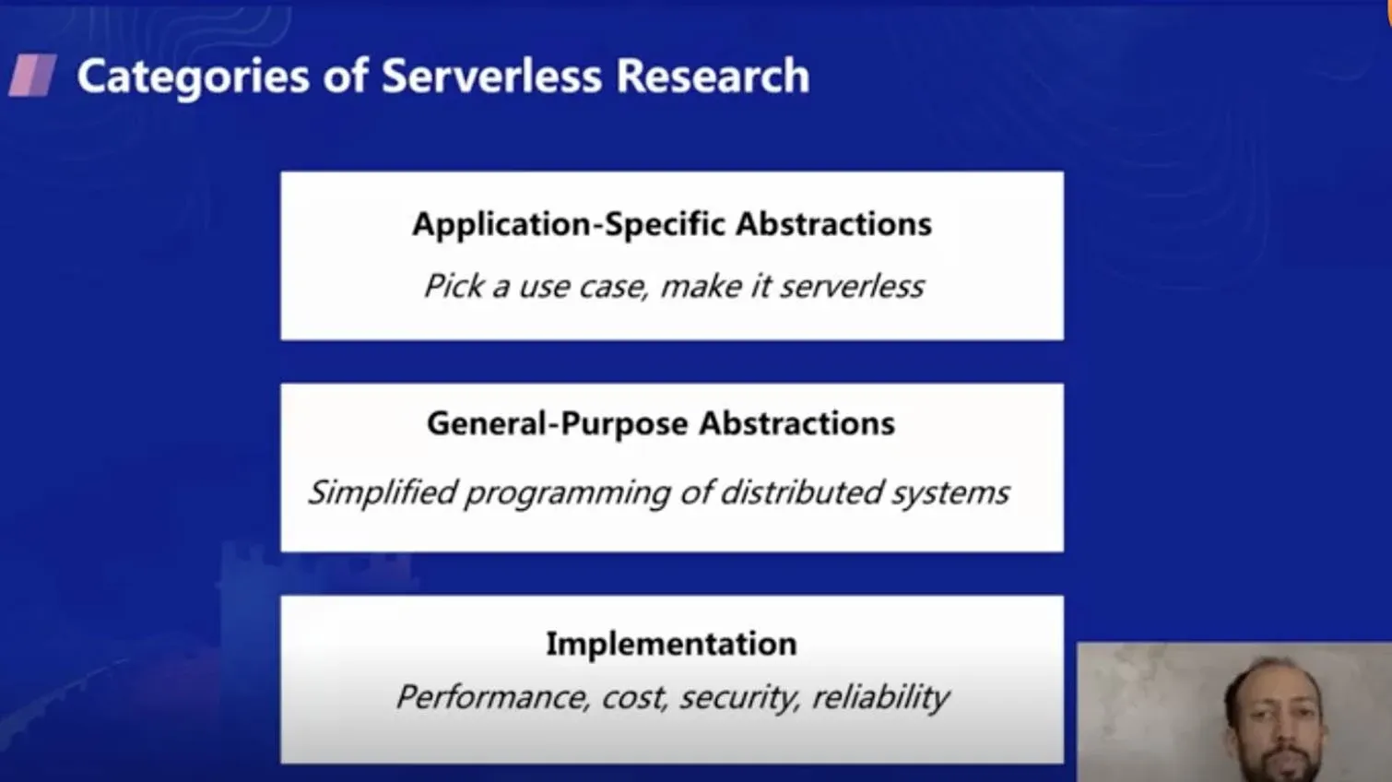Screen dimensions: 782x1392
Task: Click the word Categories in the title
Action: coord(193,76)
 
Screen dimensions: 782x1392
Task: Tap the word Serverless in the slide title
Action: coord(491,76)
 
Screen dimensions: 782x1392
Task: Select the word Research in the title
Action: coord(713,76)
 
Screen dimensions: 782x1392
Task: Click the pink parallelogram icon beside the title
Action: coord(33,76)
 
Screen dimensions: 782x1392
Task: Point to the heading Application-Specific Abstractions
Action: coord(671,224)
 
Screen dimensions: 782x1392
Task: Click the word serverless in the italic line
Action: coord(852,287)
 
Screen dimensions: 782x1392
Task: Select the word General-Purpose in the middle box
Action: coord(557,423)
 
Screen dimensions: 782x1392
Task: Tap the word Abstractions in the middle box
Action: coord(796,423)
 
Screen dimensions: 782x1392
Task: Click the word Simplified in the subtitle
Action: coord(382,492)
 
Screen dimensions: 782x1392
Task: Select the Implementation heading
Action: coord(671,644)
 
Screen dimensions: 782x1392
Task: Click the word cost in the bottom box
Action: coord(633,698)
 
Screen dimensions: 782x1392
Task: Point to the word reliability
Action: coord(880,697)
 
